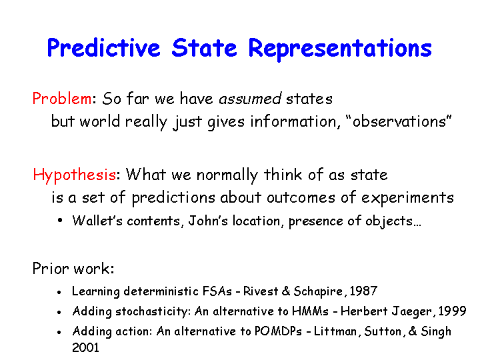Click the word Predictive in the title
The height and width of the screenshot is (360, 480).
104,49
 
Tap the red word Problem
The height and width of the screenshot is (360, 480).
62,99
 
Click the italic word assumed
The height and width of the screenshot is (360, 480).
250,99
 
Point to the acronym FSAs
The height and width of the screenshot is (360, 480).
217,291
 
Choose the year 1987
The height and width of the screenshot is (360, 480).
363,291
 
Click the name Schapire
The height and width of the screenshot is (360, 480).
318,291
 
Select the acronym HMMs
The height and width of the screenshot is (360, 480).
310,311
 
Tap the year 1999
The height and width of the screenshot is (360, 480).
452,311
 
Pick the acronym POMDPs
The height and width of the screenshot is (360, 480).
278,331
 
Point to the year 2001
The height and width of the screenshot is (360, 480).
86,348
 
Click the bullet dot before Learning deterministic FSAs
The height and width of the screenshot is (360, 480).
59,293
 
